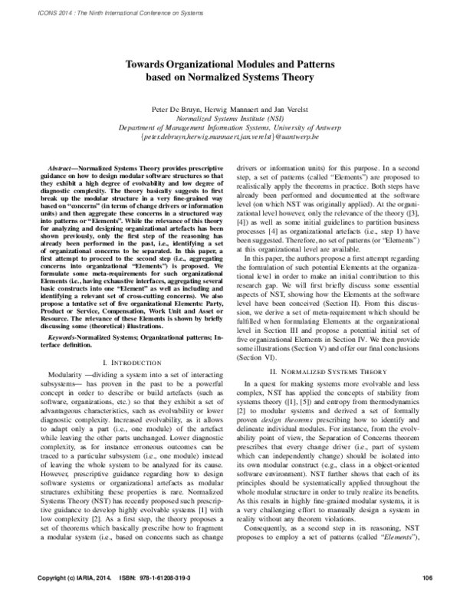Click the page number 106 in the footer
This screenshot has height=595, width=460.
[428, 577]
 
